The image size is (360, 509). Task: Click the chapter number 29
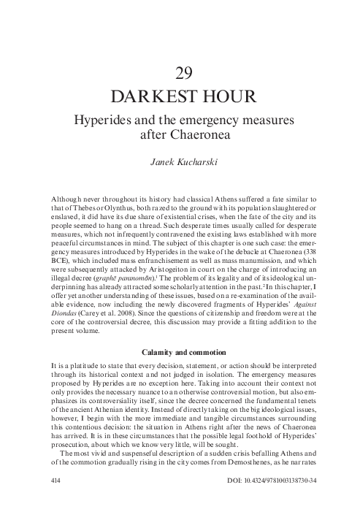click(x=184, y=72)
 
